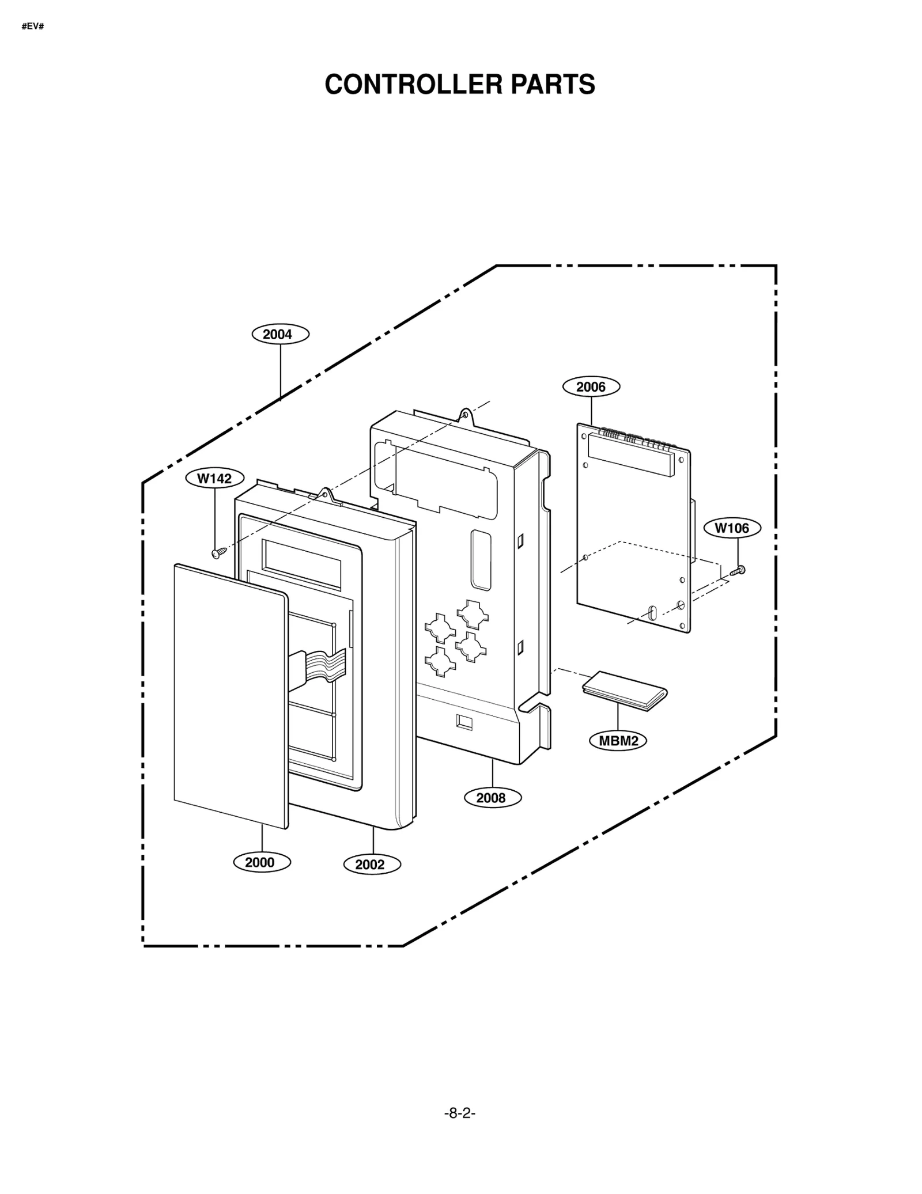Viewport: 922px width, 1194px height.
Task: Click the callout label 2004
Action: coord(280,334)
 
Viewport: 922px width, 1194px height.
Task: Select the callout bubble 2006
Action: coord(591,386)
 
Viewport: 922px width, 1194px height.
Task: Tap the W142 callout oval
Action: coord(214,478)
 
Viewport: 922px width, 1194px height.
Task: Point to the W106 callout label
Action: coord(732,528)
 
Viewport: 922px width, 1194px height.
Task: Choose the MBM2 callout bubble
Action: coord(618,741)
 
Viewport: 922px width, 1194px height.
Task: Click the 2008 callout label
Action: coord(492,798)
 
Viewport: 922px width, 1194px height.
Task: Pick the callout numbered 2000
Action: coord(261,862)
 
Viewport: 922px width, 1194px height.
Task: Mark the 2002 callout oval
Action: coord(371,865)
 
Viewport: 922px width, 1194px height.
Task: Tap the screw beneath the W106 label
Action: coord(738,571)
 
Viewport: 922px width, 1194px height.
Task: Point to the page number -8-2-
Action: coord(460,1113)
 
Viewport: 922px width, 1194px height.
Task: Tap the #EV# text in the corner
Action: coord(33,27)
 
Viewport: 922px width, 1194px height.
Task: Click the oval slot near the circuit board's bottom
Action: coord(652,612)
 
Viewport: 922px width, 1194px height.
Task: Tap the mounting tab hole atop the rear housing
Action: coord(464,413)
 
